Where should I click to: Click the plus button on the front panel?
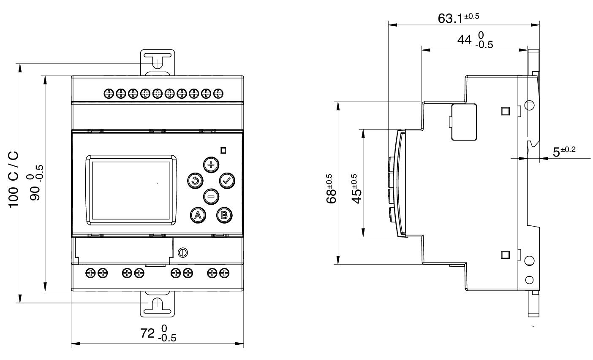click(210, 164)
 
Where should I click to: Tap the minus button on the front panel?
click(211, 196)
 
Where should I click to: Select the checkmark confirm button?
click(227, 180)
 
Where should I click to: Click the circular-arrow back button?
click(194, 181)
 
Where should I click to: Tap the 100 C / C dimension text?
click(14, 179)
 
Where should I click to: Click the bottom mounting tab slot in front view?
click(157, 305)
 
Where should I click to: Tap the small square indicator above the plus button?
click(223, 150)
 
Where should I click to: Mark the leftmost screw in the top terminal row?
click(109, 92)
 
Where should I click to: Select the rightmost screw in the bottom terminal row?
click(224, 273)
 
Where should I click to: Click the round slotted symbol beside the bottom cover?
click(183, 252)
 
